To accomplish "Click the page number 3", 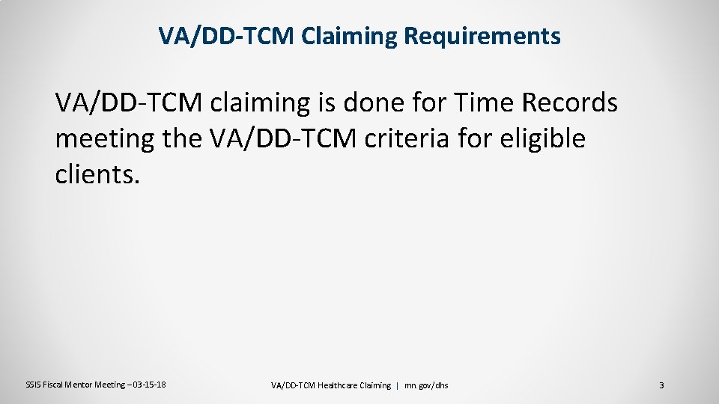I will pos(661,385).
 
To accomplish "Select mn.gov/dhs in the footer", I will pos(427,385).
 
